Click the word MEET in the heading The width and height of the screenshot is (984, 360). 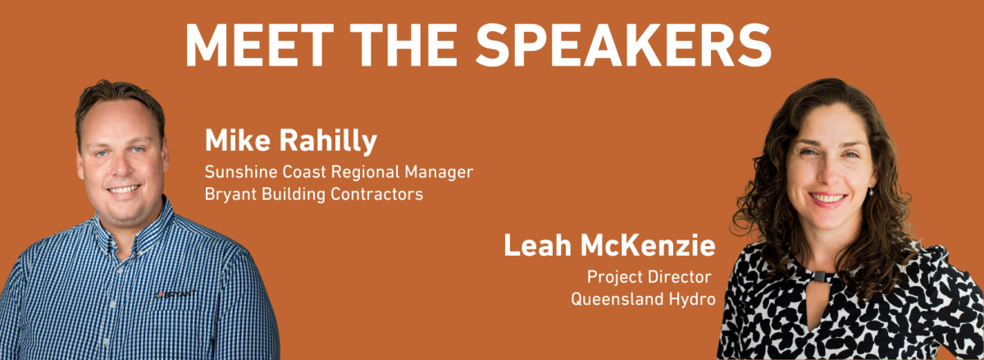pos(260,45)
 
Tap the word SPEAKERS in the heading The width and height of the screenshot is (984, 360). pos(623,45)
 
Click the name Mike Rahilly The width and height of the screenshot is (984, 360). pos(291,141)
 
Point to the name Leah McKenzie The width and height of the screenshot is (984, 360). pos(610,245)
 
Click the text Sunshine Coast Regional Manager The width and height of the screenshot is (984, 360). pos(339,172)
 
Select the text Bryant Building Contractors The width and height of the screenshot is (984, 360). pos(313,194)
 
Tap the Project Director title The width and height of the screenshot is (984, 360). pos(649,277)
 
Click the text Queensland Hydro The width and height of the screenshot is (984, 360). pos(643,299)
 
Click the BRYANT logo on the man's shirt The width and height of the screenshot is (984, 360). pos(176,294)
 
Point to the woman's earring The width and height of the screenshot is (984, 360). pos(871,191)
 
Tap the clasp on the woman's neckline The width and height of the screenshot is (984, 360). pos(819,276)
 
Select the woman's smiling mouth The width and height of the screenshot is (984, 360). pos(827,198)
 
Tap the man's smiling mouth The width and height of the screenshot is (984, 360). pos(124,189)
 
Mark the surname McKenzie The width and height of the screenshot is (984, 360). pos(648,245)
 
